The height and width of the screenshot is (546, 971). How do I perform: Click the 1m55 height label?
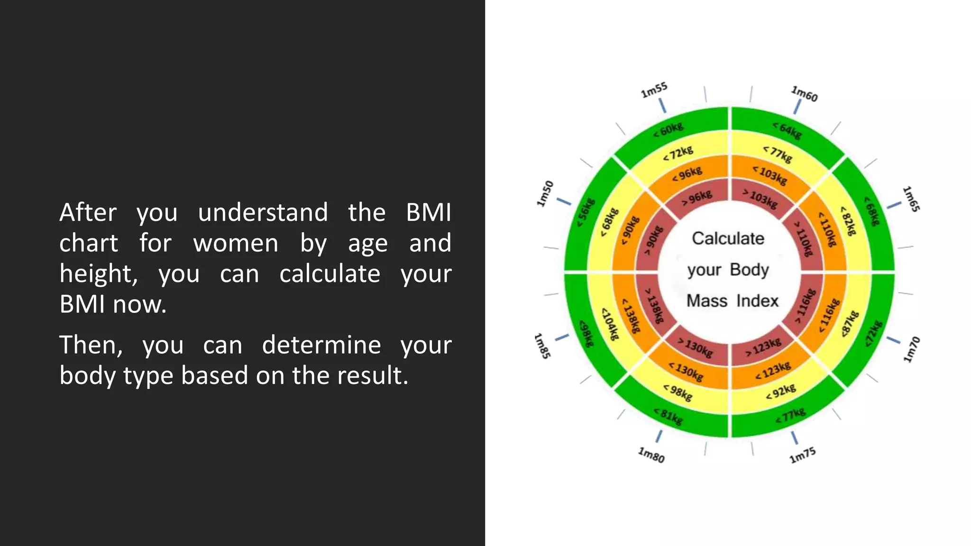[654, 90]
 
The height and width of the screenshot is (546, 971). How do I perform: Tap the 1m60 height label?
[805, 94]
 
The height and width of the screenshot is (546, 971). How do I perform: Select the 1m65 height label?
[911, 199]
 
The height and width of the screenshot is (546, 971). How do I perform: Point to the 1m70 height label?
[911, 350]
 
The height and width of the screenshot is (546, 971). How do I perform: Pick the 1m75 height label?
[802, 455]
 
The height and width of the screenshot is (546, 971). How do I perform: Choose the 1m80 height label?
[651, 455]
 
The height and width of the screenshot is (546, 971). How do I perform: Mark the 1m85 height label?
[542, 346]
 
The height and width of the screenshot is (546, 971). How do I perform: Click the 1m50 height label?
[545, 193]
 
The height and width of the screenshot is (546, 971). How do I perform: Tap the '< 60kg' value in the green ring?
[669, 130]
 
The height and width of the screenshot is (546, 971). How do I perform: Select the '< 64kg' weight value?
[787, 130]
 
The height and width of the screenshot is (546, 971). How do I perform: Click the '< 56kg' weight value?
[586, 212]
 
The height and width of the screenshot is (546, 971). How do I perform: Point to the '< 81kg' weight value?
[669, 416]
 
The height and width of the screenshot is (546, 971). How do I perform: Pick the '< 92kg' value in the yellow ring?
[781, 391]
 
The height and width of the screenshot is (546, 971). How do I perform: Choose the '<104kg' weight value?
[611, 324]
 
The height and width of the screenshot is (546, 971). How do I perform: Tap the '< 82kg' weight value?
[848, 220]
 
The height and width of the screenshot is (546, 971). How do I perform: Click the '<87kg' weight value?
[850, 324]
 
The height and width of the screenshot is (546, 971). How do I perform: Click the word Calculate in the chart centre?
[728, 238]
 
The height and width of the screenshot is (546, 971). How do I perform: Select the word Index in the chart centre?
[757, 301]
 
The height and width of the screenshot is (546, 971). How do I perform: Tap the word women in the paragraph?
[236, 243]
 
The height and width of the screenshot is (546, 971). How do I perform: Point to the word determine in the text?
[321, 345]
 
